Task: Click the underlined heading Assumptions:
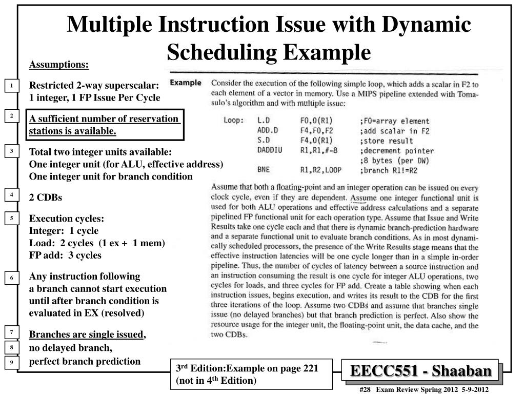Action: pos(59,65)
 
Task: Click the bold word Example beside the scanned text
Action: pos(185,83)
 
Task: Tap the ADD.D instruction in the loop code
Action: pos(267,131)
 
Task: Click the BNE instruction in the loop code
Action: pos(263,170)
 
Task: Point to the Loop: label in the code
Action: pos(233,121)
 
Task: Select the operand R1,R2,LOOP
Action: pos(320,170)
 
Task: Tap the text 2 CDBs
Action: pos(46,198)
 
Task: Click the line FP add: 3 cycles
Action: pos(65,255)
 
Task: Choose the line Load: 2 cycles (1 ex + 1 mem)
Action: pos(97,243)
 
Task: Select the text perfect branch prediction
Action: pos(85,361)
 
